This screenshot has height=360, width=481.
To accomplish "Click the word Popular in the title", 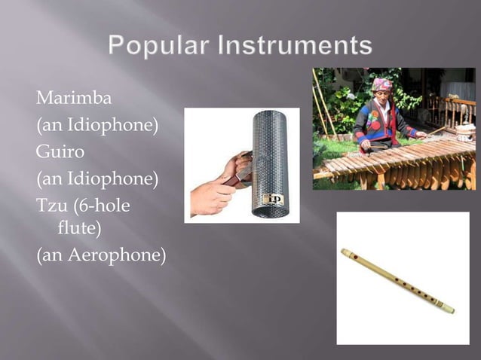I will [x=158, y=46].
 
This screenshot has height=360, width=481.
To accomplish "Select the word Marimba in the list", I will [x=73, y=97].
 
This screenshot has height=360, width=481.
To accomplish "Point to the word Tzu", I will [x=51, y=206].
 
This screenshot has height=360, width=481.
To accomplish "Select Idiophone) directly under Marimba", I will [x=106, y=124].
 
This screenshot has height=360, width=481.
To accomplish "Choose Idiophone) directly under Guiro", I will [x=106, y=178].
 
